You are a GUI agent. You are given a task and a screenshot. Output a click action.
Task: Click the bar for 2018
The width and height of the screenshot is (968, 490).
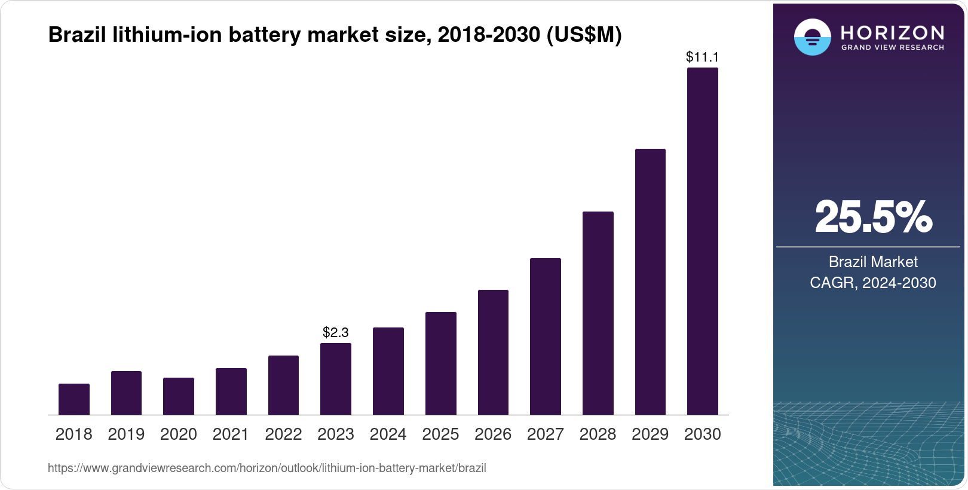(74, 399)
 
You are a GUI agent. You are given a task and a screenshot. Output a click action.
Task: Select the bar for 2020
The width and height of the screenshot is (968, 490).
(179, 396)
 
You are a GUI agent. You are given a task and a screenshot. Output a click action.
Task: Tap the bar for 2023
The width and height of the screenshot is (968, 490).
(336, 379)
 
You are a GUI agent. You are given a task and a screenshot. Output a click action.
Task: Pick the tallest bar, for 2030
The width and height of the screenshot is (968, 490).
(703, 241)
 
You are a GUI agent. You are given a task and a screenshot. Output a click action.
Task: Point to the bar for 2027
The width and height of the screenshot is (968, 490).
(546, 336)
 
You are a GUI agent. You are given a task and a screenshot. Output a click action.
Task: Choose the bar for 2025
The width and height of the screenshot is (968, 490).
(441, 363)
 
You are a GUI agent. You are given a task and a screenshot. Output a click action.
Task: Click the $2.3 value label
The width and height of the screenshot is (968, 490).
(336, 332)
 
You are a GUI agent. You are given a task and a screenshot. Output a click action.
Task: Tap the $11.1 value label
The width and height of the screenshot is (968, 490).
(703, 57)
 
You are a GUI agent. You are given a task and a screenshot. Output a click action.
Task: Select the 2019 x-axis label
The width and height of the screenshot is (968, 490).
(126, 434)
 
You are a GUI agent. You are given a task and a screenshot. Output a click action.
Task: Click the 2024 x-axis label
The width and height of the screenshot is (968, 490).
(388, 434)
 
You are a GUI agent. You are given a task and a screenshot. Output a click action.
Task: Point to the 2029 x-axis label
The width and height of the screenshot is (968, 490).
(650, 434)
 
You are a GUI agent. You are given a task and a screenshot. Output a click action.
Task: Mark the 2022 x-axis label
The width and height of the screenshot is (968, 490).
(283, 434)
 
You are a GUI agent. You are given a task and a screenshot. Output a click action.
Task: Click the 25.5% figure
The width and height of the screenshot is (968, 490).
(873, 217)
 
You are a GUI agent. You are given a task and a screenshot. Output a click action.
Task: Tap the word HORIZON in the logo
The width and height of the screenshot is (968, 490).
(892, 32)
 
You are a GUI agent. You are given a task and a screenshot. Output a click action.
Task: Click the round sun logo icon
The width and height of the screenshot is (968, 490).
(813, 37)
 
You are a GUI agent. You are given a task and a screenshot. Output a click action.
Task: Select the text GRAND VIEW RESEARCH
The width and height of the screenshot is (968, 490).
(892, 48)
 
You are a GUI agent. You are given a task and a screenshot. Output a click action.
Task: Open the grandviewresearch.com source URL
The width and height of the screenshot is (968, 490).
(267, 468)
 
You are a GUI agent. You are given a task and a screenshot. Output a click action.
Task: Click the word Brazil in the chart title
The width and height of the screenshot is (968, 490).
(78, 35)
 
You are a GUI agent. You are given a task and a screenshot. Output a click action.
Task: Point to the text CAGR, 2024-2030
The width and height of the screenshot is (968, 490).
(873, 283)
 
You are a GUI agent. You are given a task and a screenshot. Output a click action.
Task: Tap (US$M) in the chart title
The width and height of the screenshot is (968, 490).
(584, 35)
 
